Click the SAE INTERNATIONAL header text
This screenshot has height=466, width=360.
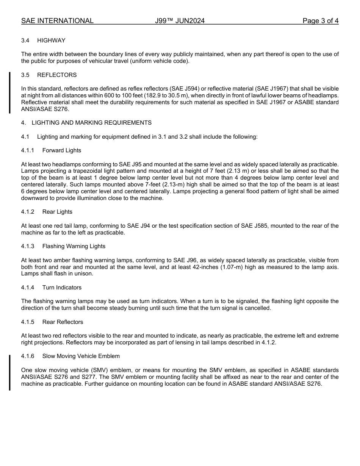point(57,21)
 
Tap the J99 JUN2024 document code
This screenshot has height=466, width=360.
point(180,21)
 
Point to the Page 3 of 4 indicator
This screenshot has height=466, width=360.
point(320,21)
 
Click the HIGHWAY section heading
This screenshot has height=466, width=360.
point(51,41)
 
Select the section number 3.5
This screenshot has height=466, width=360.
point(26,75)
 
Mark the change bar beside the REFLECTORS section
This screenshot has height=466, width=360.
point(10,92)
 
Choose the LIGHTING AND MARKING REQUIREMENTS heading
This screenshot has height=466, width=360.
point(91,123)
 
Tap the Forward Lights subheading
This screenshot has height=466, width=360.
point(62,150)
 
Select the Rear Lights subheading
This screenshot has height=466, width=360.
point(57,212)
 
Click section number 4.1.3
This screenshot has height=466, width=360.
point(28,246)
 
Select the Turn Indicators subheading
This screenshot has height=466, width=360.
point(62,288)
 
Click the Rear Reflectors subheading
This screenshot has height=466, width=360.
point(63,322)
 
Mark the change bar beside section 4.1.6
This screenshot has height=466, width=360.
point(10,372)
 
